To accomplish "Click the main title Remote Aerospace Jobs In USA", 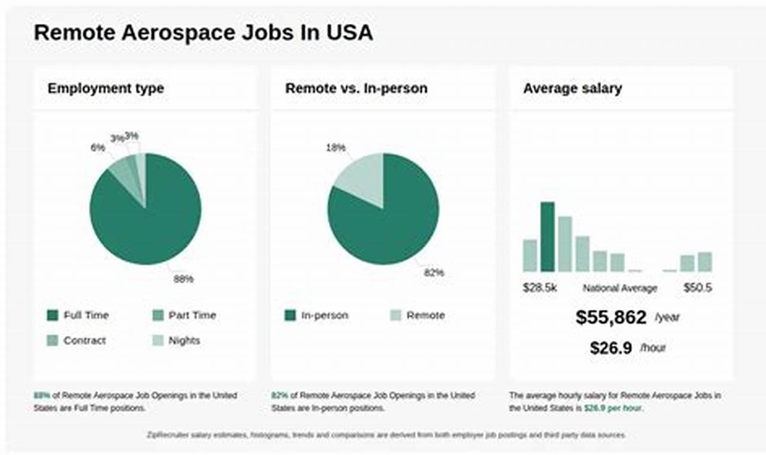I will (x=203, y=32).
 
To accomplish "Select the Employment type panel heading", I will (x=106, y=89).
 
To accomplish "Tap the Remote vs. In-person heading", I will (x=356, y=89).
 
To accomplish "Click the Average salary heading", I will (x=572, y=89).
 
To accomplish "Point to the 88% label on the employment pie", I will (x=183, y=278).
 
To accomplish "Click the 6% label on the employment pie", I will (x=98, y=147).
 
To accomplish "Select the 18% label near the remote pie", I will (x=336, y=147).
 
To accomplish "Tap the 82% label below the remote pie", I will (x=434, y=272).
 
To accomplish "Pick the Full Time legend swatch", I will (x=53, y=316).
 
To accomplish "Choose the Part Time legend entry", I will (x=191, y=316).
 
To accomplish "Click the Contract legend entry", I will (x=84, y=341).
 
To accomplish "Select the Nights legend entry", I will (x=184, y=341).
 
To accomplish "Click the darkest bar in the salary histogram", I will (x=548, y=237).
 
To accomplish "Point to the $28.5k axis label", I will (x=540, y=288).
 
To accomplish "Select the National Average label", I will (x=620, y=288).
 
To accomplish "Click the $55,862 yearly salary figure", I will (x=611, y=317).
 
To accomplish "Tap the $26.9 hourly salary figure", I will (x=611, y=348).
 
